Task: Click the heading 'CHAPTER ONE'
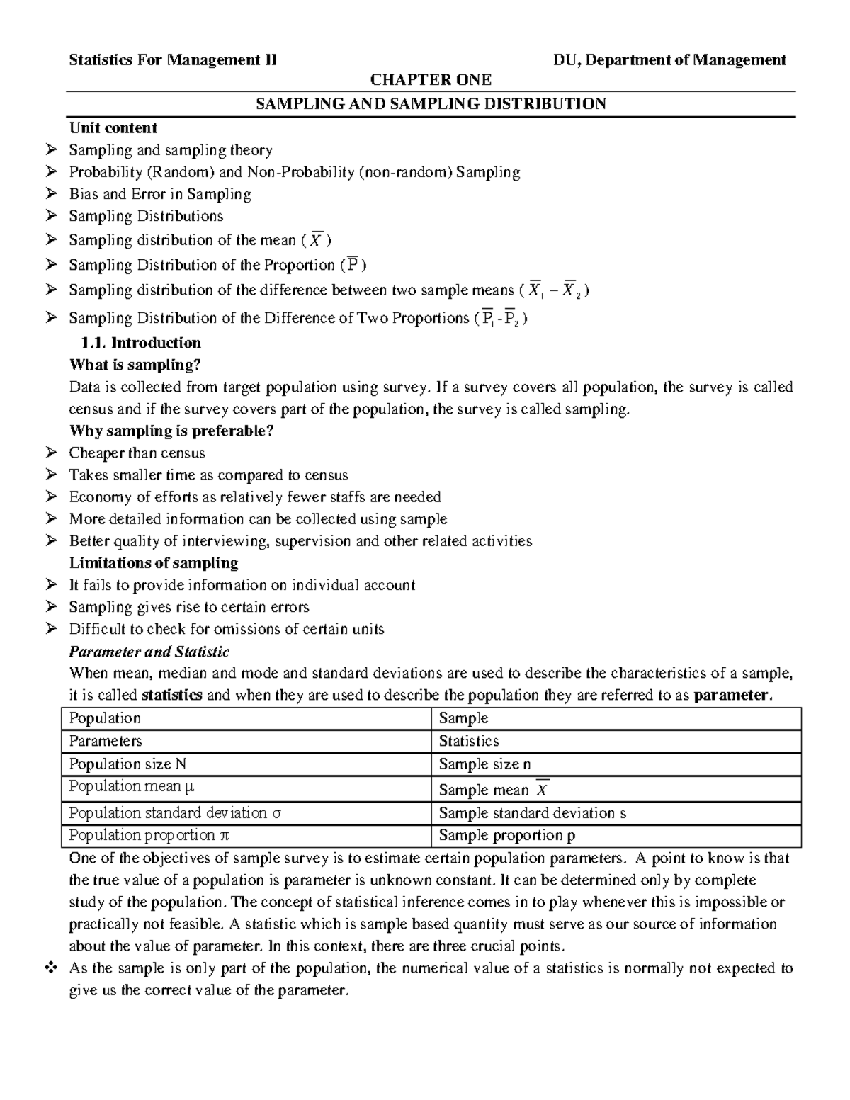431,79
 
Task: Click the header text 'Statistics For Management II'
173,60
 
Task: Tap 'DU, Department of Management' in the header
669,60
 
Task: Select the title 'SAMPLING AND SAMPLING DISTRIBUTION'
431,104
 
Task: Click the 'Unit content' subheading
113,128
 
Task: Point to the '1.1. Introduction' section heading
141,343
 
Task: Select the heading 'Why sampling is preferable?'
171,431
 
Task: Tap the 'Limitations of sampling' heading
153,563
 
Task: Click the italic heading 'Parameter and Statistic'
149,652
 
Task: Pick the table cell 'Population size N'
127,764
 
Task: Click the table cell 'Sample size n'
484,764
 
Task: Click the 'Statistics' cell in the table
469,741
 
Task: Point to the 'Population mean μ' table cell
132,786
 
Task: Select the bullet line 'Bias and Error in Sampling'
159,194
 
